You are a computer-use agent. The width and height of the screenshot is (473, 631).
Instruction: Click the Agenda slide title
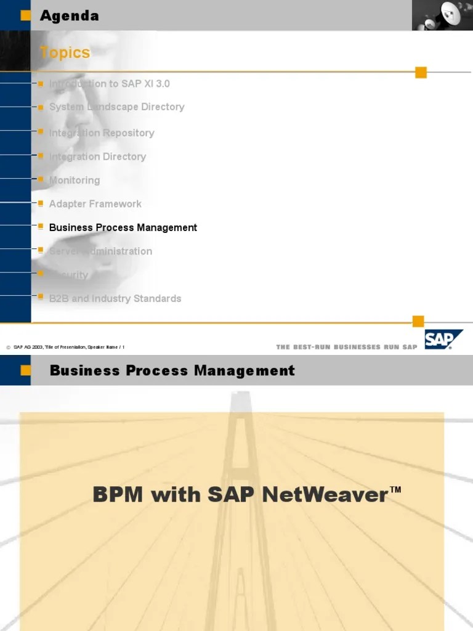point(69,16)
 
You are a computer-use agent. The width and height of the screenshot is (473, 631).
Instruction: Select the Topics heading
point(65,53)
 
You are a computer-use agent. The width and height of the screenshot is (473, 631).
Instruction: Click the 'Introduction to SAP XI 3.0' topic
point(109,83)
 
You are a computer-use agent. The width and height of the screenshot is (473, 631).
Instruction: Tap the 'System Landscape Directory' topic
point(116,107)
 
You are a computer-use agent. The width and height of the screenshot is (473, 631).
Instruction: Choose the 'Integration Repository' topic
point(102,132)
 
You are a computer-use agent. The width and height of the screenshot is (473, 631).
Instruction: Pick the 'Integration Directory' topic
point(97,157)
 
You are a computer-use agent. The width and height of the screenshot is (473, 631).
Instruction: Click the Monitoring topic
point(74,180)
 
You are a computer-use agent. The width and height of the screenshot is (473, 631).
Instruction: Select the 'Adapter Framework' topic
point(95,203)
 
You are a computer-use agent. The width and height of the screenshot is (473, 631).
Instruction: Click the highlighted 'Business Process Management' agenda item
point(123,227)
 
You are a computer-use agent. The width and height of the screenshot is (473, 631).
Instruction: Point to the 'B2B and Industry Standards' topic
point(115,298)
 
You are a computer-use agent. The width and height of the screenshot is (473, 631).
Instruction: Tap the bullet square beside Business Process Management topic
point(41,226)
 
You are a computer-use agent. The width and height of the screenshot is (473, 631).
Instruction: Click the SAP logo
point(443,340)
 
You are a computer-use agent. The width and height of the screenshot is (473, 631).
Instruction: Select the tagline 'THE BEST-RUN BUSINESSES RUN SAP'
point(347,347)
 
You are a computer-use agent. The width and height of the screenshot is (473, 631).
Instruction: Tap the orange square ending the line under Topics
point(421,73)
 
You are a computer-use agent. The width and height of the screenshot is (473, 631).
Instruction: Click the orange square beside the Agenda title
point(25,16)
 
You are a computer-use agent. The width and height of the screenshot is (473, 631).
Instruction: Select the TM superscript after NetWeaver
point(395,490)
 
